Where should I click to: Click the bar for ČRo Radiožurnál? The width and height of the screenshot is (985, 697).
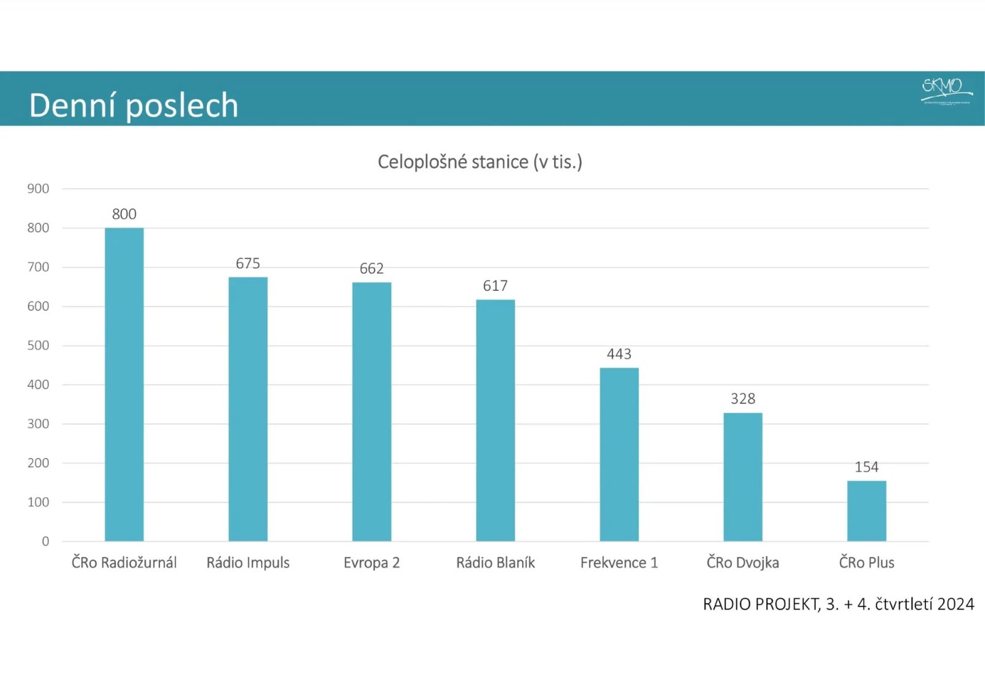tap(124, 385)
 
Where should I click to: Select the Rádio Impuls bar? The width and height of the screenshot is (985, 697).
tap(248, 409)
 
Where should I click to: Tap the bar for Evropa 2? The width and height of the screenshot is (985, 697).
tap(372, 412)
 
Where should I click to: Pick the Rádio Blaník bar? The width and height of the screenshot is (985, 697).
tap(496, 420)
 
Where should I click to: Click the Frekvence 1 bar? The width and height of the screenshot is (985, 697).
tap(619, 454)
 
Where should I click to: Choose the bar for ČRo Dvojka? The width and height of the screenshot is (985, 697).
tap(743, 477)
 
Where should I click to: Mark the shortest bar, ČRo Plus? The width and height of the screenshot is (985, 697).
tap(867, 511)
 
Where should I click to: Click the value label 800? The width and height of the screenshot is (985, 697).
tap(124, 214)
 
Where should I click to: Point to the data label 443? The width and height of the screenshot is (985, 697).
tap(619, 354)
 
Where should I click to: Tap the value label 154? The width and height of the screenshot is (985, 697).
tap(867, 467)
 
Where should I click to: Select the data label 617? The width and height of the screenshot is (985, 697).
tap(496, 285)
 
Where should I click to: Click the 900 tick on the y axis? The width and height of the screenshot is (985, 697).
tap(38, 189)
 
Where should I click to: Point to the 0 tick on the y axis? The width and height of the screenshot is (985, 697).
tap(46, 541)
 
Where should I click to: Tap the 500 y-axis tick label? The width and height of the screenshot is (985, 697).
tap(38, 345)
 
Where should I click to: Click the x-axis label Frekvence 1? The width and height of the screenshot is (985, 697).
tap(619, 562)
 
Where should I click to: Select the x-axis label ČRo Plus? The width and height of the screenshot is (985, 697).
tap(867, 562)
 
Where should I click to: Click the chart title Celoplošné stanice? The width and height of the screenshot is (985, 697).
tap(480, 161)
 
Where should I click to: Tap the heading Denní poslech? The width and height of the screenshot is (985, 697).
tap(134, 105)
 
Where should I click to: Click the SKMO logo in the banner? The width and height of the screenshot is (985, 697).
tap(946, 90)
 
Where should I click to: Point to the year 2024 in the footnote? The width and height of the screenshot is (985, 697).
tap(955, 604)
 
